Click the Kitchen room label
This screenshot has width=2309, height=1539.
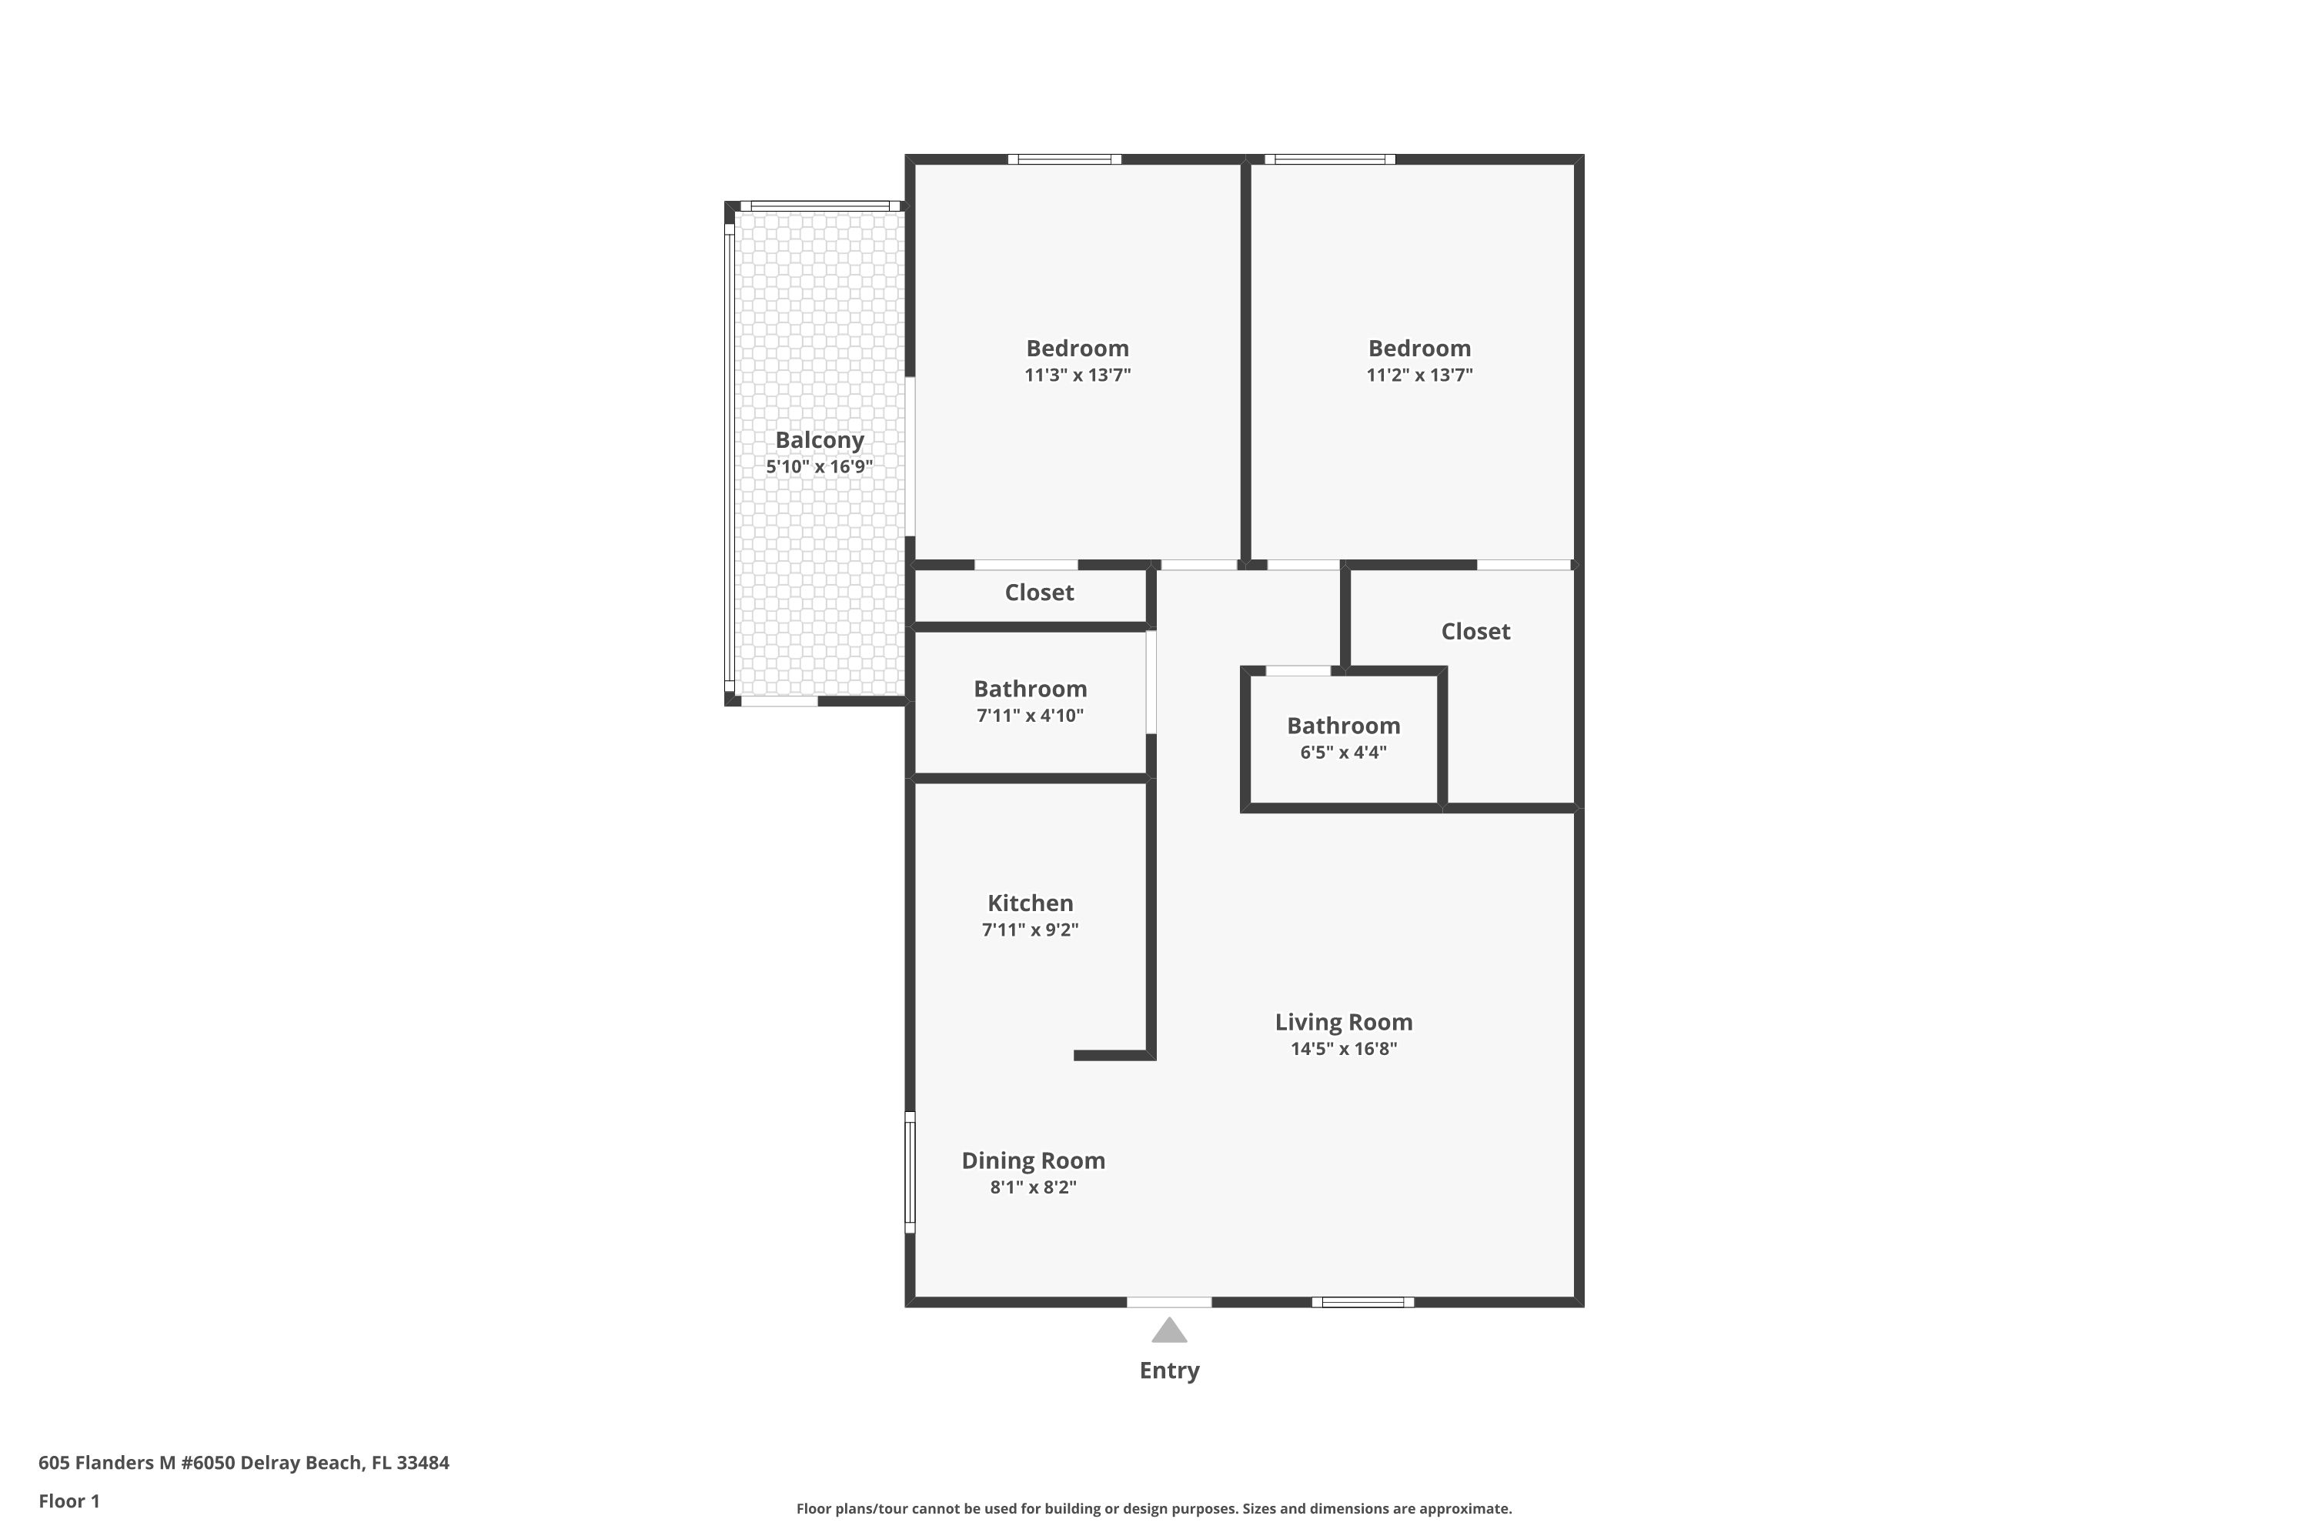click(x=1030, y=903)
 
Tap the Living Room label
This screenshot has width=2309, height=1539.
click(x=1343, y=1022)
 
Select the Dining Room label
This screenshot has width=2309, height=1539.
click(x=1033, y=1160)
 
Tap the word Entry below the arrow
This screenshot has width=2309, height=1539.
click(x=1169, y=1370)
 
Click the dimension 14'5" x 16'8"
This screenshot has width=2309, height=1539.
click(x=1343, y=1048)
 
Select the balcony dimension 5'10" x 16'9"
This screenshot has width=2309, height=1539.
click(x=820, y=466)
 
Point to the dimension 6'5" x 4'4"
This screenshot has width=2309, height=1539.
click(x=1343, y=752)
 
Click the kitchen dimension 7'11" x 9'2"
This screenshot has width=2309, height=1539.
click(x=1030, y=930)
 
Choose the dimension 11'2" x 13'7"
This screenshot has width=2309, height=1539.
click(x=1419, y=374)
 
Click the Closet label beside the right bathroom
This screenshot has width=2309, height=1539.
click(x=1475, y=631)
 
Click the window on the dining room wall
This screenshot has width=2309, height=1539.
click(x=910, y=1172)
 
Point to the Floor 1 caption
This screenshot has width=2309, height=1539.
click(x=69, y=1501)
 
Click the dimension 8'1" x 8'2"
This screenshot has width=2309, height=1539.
click(x=1033, y=1187)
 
